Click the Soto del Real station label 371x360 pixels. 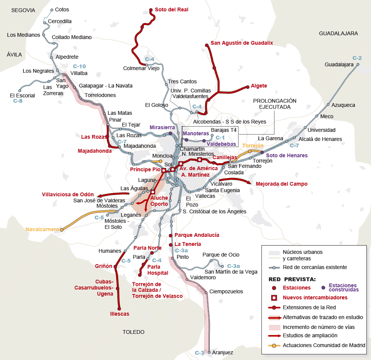click(171, 9)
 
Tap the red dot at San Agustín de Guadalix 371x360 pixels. click(207, 45)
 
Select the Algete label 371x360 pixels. click(259, 86)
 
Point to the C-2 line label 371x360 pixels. click(357, 58)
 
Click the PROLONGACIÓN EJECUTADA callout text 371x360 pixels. click(274, 104)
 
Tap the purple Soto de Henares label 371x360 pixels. click(287, 155)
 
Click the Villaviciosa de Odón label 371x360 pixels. click(68, 194)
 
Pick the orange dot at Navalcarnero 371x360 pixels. click(62, 229)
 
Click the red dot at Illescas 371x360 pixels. click(119, 308)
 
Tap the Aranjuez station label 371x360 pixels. click(223, 352)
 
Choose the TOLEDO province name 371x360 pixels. click(133, 332)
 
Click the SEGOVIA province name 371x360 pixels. click(23, 10)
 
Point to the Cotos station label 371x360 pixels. click(62, 9)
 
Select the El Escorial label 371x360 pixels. click(22, 95)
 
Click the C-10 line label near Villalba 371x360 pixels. click(79, 66)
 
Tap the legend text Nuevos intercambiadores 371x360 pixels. click(315, 297)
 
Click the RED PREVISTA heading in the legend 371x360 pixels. click(292, 279)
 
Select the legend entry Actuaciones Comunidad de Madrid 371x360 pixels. click(324, 345)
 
